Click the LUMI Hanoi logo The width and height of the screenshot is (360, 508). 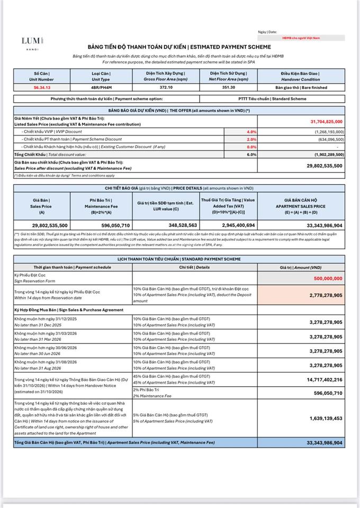click(x=32, y=43)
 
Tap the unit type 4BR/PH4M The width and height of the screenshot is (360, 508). click(x=101, y=87)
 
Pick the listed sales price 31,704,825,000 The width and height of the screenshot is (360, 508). click(x=323, y=122)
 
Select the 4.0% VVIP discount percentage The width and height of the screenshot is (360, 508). click(x=251, y=131)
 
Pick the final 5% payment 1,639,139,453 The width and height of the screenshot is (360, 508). click(x=325, y=418)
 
